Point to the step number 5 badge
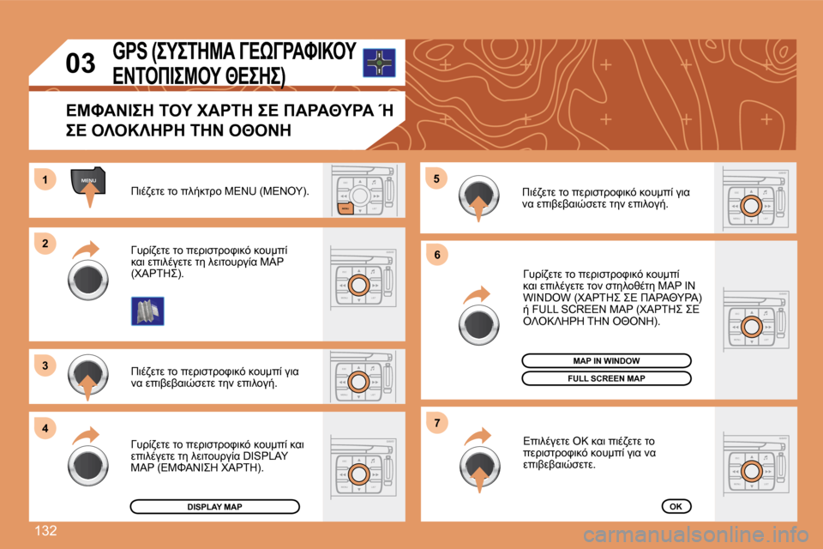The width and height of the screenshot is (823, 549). point(436,179)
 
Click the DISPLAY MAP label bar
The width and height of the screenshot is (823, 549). point(214,507)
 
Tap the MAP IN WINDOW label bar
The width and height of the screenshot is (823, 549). point(606,360)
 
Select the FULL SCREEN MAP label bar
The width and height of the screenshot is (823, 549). point(606,378)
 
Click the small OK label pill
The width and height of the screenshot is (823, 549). point(676,506)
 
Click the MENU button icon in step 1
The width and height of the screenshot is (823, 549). point(88,181)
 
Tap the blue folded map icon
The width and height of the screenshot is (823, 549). point(147,310)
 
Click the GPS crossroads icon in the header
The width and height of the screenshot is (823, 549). point(378,63)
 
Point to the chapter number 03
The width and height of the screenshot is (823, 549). point(81,63)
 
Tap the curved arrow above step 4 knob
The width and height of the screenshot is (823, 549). point(87,434)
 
